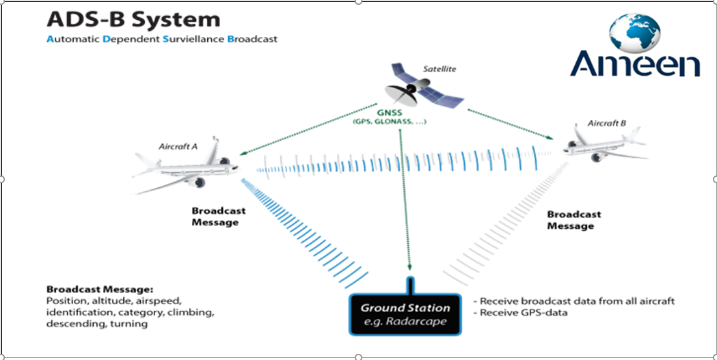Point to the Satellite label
click(x=439, y=69)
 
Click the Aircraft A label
click(x=179, y=147)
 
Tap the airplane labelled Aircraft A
click(x=185, y=169)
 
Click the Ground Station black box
click(x=405, y=314)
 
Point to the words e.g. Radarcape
click(x=405, y=321)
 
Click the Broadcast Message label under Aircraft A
click(x=219, y=217)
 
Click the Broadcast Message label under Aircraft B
click(x=574, y=220)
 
